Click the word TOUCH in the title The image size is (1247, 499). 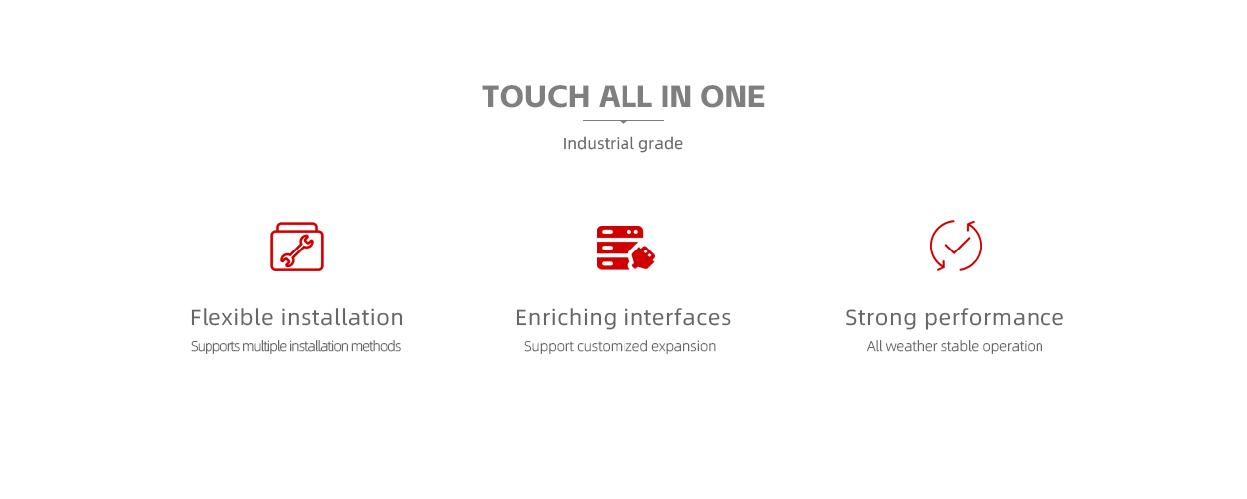click(x=536, y=97)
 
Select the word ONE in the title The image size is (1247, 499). click(x=732, y=97)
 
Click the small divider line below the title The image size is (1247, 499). click(x=623, y=121)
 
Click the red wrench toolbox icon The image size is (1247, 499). click(x=297, y=247)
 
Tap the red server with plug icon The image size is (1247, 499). click(x=625, y=248)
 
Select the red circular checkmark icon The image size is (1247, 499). click(x=956, y=246)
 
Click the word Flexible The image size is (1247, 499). click(x=232, y=318)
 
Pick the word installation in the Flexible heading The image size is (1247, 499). click(x=342, y=318)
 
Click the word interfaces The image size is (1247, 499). click(x=678, y=318)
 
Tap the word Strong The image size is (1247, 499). click(x=881, y=318)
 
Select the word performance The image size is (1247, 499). click(x=995, y=319)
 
